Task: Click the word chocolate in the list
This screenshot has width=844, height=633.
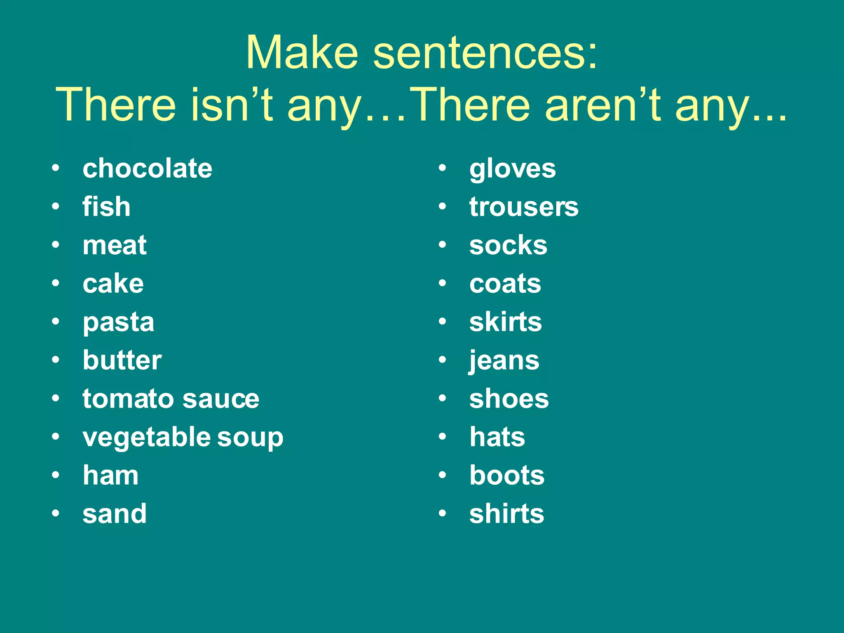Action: coord(147,169)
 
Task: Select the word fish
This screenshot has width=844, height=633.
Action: coord(106,206)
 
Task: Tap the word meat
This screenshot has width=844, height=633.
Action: coord(115,245)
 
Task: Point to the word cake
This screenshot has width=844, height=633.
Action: coord(113,284)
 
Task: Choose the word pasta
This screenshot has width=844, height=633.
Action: coord(118,323)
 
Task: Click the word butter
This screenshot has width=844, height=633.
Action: coord(122,360)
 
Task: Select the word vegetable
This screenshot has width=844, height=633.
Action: coord(147,438)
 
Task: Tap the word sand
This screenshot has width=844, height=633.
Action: coord(115,514)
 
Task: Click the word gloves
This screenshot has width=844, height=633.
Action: coord(512,169)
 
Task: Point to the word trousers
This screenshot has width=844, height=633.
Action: coord(524,206)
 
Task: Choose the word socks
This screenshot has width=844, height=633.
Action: coord(508,245)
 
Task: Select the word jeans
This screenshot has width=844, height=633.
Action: coord(504,361)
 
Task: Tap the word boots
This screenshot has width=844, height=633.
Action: coord(507,475)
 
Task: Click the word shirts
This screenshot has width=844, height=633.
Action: coord(506,514)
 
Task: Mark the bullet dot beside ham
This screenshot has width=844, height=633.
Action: coord(56,475)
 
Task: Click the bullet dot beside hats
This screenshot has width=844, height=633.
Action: coord(443,437)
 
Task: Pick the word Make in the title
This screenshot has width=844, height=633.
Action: coord(302,53)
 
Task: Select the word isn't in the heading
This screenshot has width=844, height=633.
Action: coord(232,104)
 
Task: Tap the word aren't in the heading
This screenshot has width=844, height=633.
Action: coord(603,104)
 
